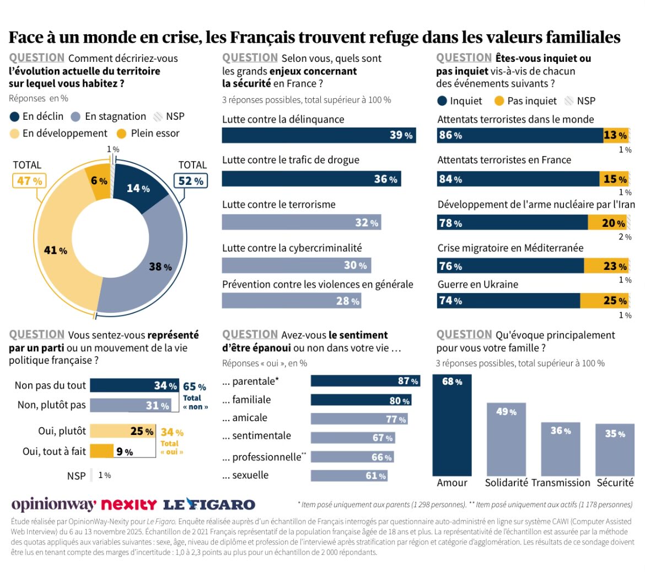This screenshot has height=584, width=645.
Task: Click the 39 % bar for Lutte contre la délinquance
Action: coord(319,135)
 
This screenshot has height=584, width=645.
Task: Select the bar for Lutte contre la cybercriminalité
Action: coord(296,266)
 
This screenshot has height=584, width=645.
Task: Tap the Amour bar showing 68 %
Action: coord(452,425)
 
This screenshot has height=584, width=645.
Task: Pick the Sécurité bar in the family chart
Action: coord(615,450)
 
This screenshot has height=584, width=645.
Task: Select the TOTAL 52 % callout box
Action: coord(191,180)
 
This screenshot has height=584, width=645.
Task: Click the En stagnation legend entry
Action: coord(109,116)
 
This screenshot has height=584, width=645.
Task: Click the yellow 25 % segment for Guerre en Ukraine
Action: coord(604,301)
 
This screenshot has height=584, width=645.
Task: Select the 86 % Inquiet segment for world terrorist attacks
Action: coord(520,135)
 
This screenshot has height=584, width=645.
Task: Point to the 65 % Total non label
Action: coord(195,387)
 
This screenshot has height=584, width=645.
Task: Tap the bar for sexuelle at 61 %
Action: coord(349,476)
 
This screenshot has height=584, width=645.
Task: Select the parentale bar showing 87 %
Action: coord(365,381)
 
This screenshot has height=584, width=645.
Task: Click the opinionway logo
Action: coord(53,505)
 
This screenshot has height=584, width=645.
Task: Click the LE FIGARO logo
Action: coord(209,505)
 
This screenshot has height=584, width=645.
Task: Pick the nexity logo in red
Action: coord(129,505)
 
